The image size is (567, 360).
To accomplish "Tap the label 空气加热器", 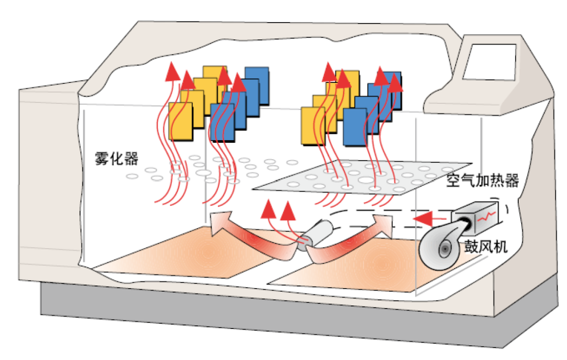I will [x=482, y=182].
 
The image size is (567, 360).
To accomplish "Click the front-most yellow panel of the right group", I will [x=313, y=126].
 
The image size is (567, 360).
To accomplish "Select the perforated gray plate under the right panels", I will [x=362, y=181].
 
